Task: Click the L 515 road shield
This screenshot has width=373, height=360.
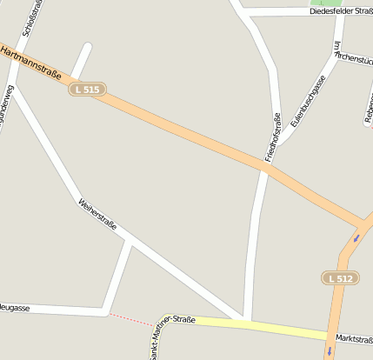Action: point(87,89)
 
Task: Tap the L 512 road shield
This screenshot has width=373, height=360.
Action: point(339,277)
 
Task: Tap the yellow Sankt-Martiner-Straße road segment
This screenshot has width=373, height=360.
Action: point(261,327)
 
